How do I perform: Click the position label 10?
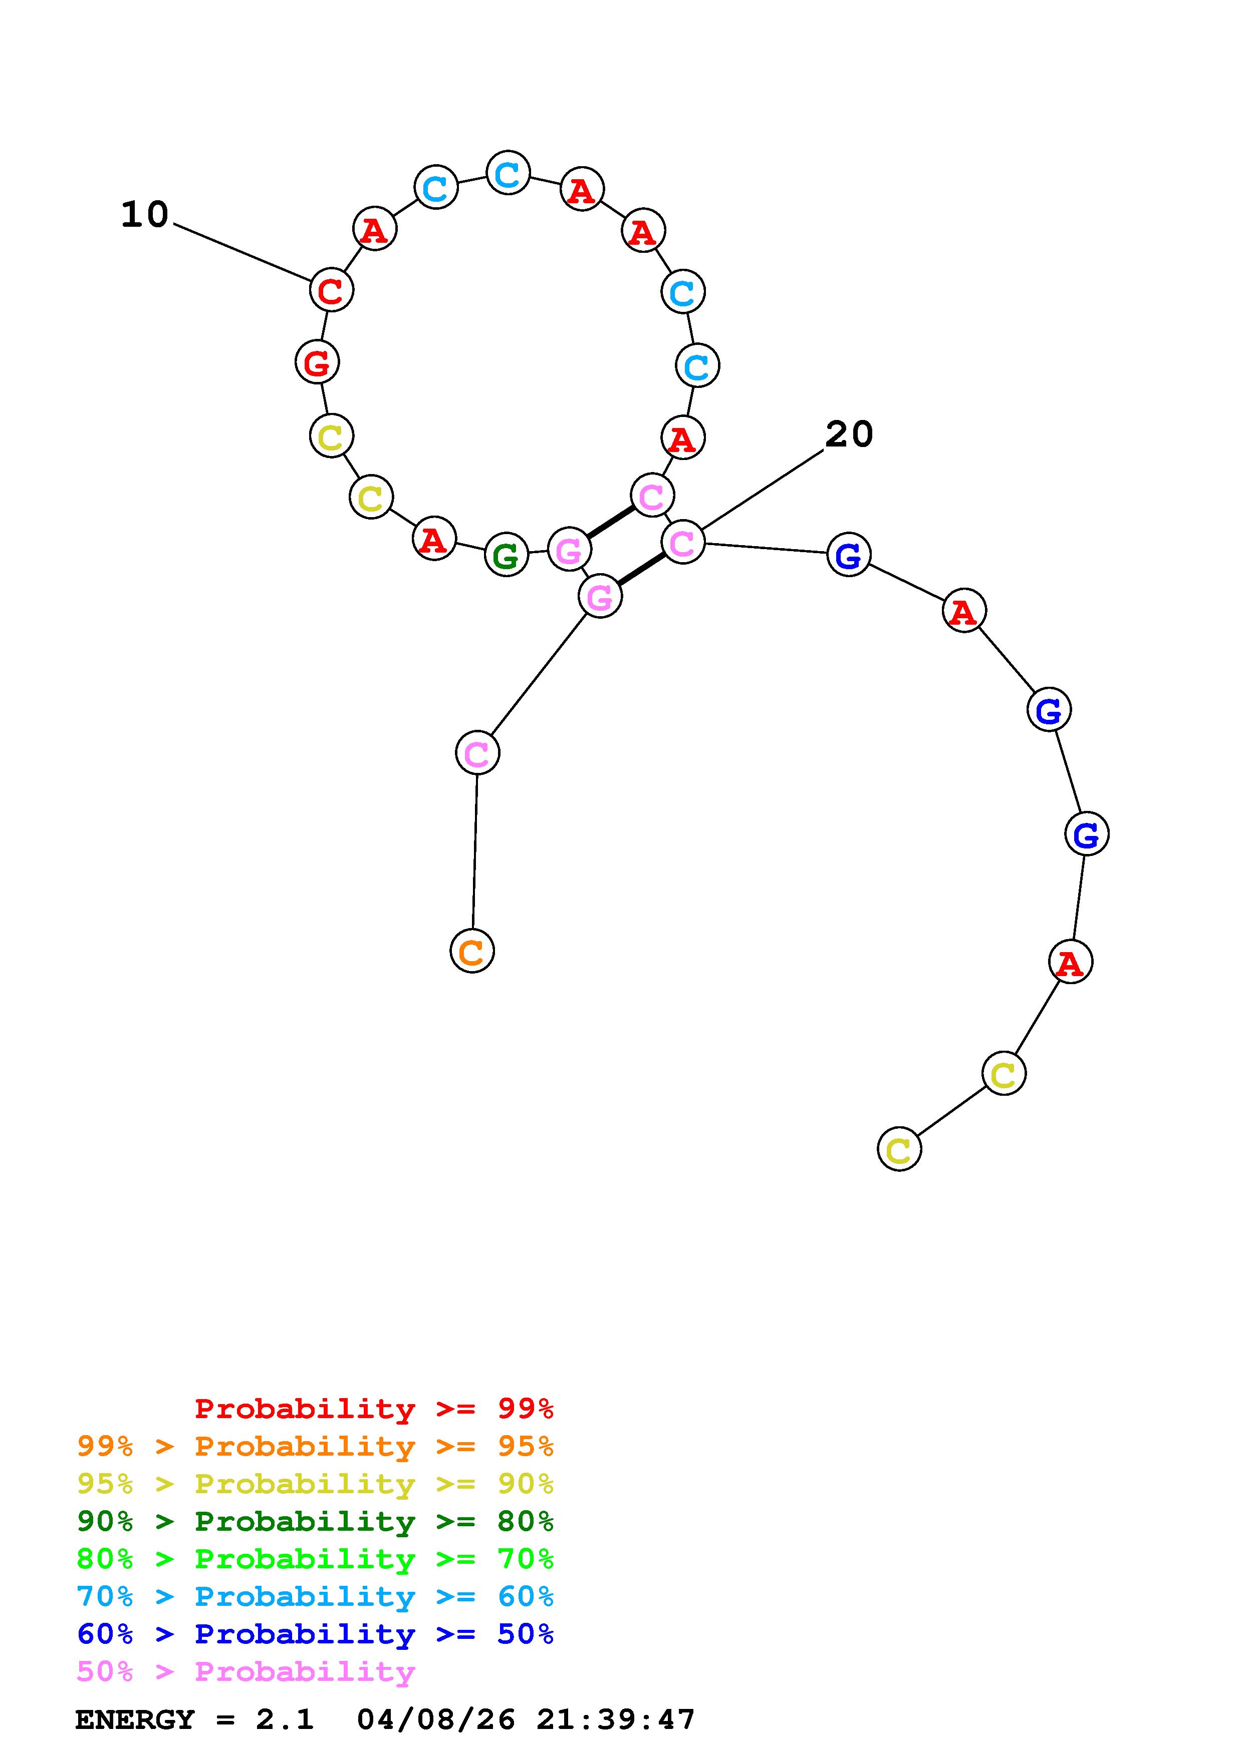point(145,215)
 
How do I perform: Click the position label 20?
point(849,434)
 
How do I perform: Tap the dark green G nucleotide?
point(506,555)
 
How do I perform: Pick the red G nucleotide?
point(317,362)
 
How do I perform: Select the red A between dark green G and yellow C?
point(434,539)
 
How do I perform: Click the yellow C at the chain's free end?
point(899,1149)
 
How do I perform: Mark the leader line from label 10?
point(242,252)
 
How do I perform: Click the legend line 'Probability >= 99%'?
point(374,1409)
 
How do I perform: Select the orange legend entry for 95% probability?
point(315,1446)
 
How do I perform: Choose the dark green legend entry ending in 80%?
point(315,1521)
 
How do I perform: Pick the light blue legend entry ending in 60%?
point(315,1596)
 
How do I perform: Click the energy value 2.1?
point(285,1719)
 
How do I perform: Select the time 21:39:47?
point(615,1719)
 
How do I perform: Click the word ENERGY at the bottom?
point(135,1719)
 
